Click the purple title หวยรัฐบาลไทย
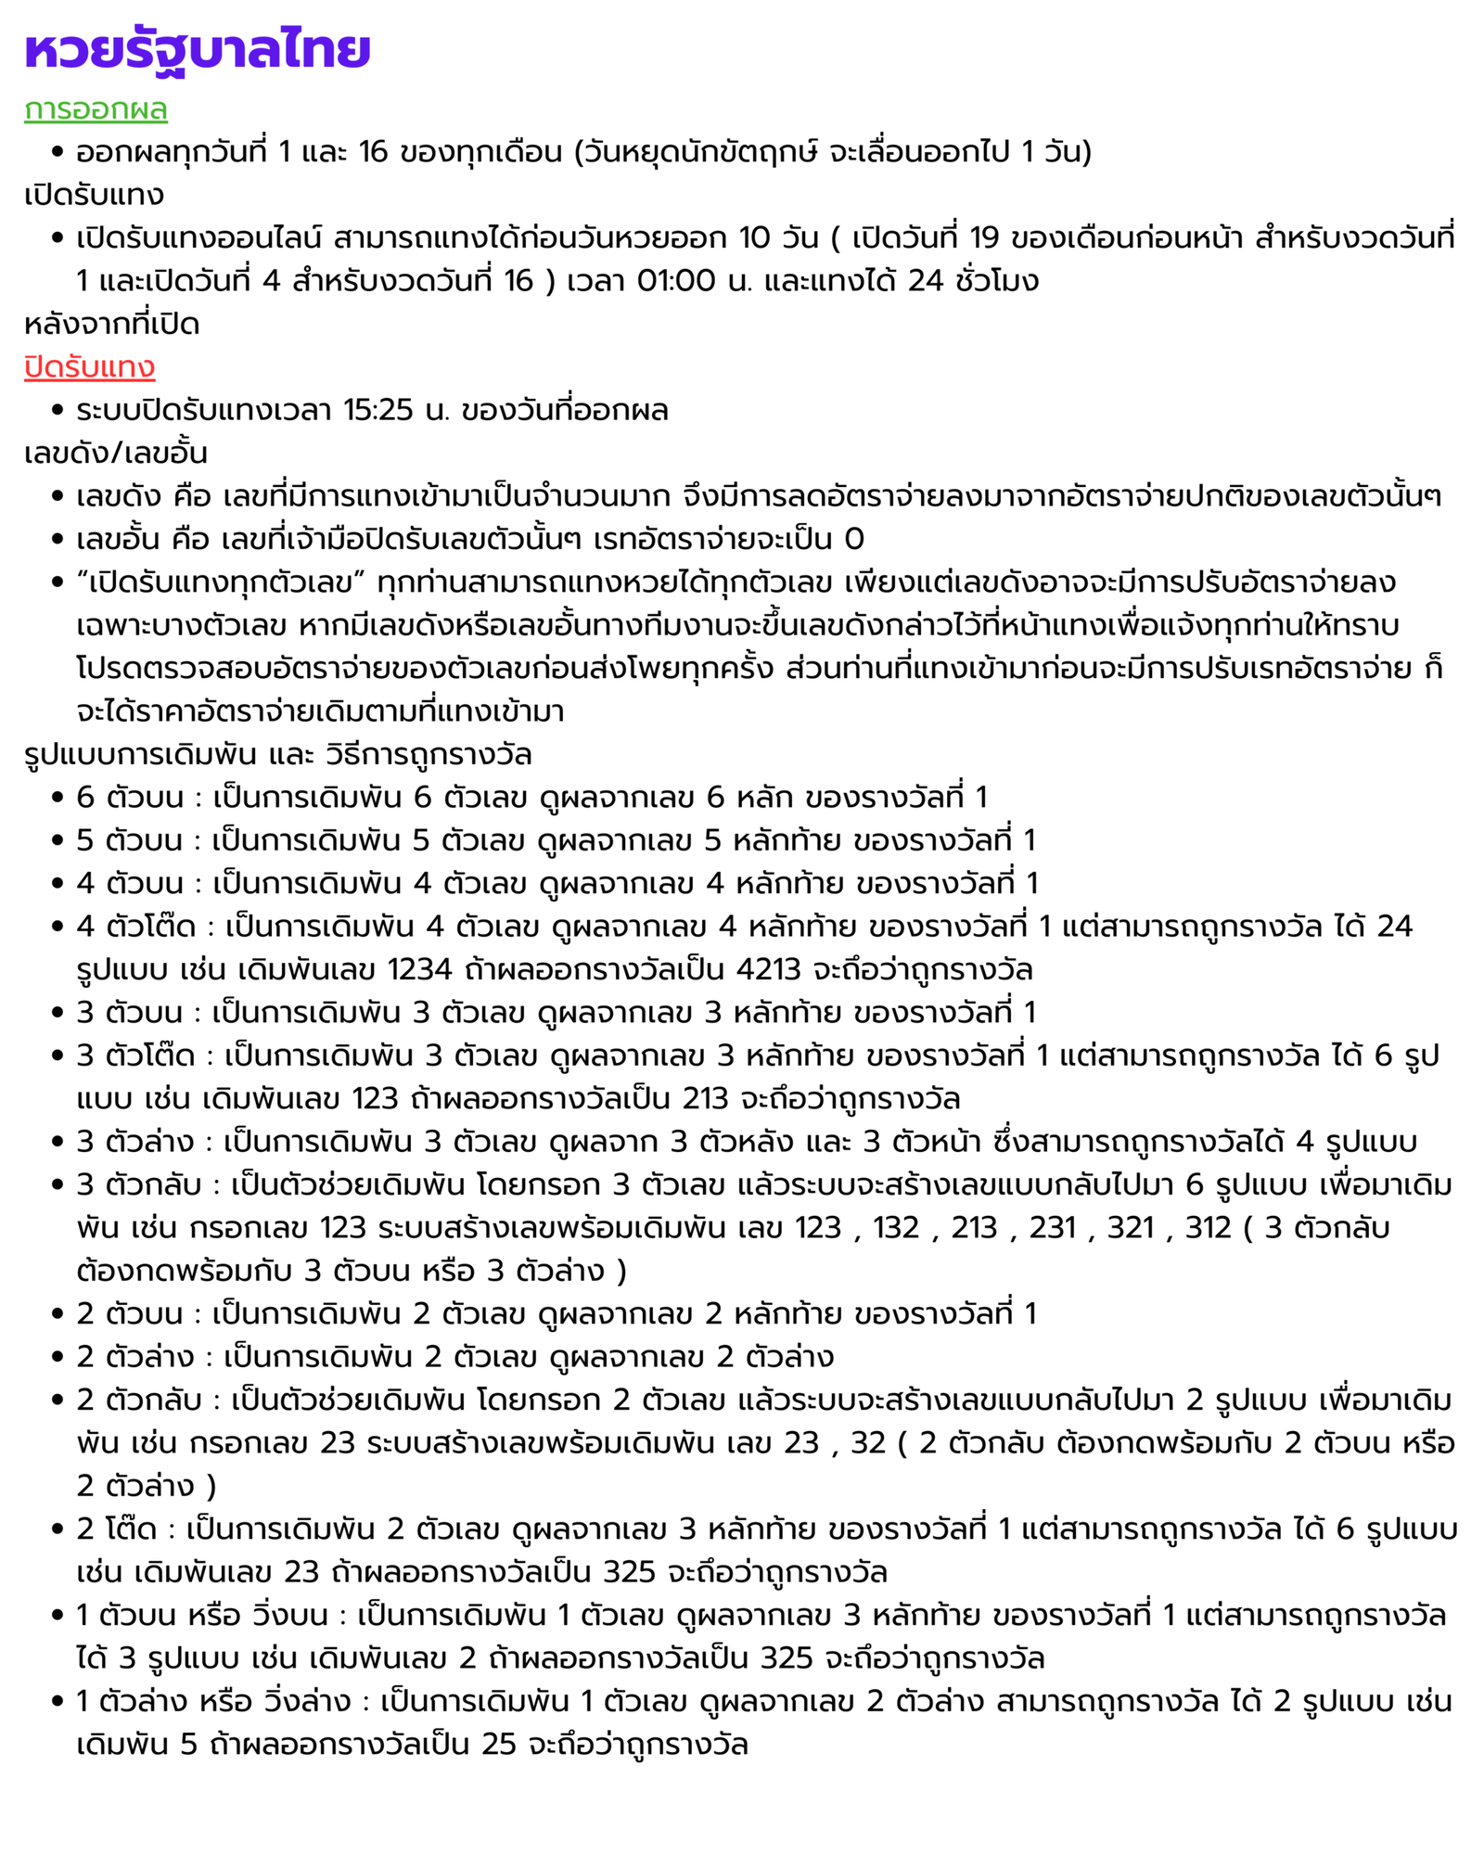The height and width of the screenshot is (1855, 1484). tap(198, 50)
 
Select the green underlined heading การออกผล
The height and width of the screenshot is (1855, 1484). tap(96, 109)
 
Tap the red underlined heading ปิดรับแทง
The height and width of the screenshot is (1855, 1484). tap(89, 367)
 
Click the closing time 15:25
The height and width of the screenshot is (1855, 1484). tap(377, 410)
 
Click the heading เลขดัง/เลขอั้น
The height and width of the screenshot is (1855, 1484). tap(116, 454)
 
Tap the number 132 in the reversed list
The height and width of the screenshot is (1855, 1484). tap(895, 1228)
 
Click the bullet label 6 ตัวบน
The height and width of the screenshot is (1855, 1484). tap(130, 797)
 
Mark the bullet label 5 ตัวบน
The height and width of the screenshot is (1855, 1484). tap(130, 840)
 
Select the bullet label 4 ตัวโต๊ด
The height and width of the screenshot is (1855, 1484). tap(136, 927)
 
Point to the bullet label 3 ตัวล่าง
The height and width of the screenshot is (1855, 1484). tap(135, 1142)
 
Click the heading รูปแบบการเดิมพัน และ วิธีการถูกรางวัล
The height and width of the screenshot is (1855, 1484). tap(278, 754)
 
